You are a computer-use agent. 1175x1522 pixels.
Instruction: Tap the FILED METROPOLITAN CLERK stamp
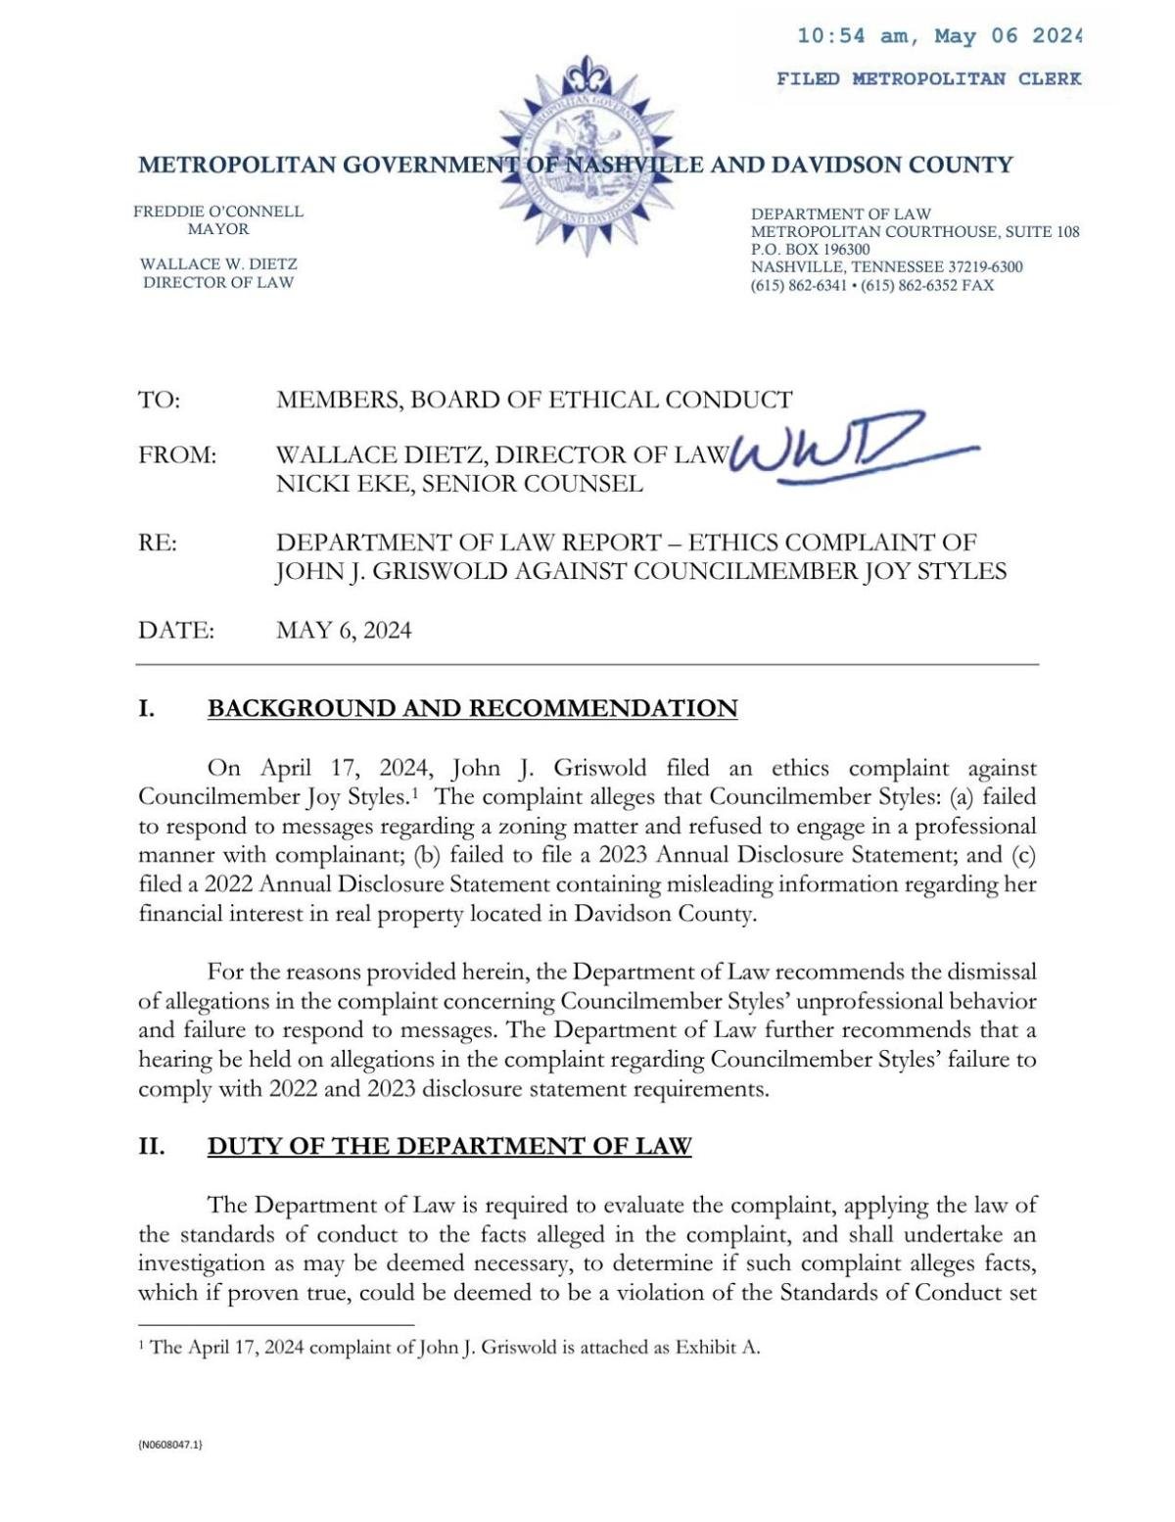coord(928,79)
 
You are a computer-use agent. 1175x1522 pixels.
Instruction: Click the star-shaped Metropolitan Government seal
coord(585,157)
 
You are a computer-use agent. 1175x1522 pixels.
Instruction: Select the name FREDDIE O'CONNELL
coord(218,212)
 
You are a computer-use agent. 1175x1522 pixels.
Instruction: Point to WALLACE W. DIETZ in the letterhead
coord(218,264)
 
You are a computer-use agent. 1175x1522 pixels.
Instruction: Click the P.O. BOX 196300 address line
coord(810,250)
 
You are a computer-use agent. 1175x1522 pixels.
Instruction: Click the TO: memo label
coord(159,400)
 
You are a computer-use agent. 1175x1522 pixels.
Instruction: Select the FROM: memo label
coord(177,455)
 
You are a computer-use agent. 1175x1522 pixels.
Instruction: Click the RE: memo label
coord(158,543)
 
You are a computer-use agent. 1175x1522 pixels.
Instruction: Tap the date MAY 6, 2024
coord(344,630)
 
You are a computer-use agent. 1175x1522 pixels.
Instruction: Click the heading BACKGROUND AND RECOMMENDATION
coord(472,708)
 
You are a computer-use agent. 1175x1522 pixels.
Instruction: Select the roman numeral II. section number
coord(151,1146)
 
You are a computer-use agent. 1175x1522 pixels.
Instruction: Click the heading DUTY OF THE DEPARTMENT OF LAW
coord(449,1146)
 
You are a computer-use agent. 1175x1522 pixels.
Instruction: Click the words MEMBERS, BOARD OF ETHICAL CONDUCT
coord(534,400)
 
